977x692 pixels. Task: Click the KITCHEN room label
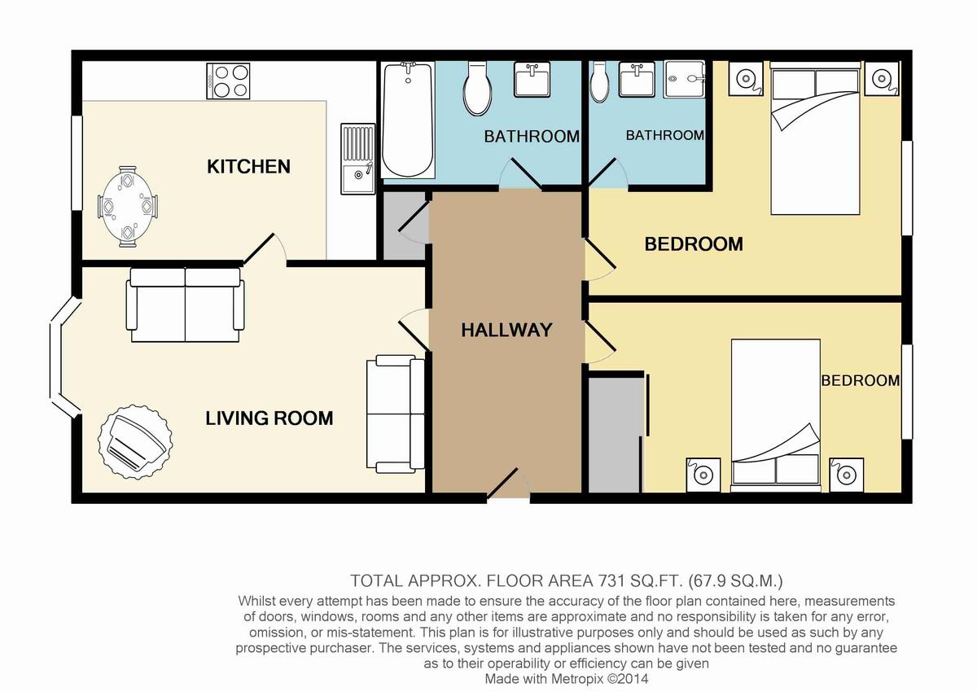pos(248,167)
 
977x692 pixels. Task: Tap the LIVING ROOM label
pos(269,418)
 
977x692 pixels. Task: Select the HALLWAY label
pos(506,330)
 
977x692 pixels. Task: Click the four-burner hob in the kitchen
pos(228,81)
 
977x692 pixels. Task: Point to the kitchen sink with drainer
pos(358,159)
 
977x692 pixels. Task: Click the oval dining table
pos(128,206)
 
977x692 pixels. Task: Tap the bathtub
pos(408,120)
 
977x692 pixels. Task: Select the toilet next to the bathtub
pos(478,89)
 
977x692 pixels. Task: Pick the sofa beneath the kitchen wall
pos(186,304)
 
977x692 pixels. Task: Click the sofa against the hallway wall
pos(396,414)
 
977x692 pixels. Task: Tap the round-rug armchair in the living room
pos(135,441)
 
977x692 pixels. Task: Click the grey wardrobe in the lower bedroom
pos(616,435)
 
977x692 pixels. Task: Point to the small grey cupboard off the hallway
pos(405,226)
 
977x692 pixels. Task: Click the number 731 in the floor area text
pos(611,580)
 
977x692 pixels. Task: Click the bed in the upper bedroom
pos(815,138)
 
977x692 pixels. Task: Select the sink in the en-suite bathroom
pos(637,79)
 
